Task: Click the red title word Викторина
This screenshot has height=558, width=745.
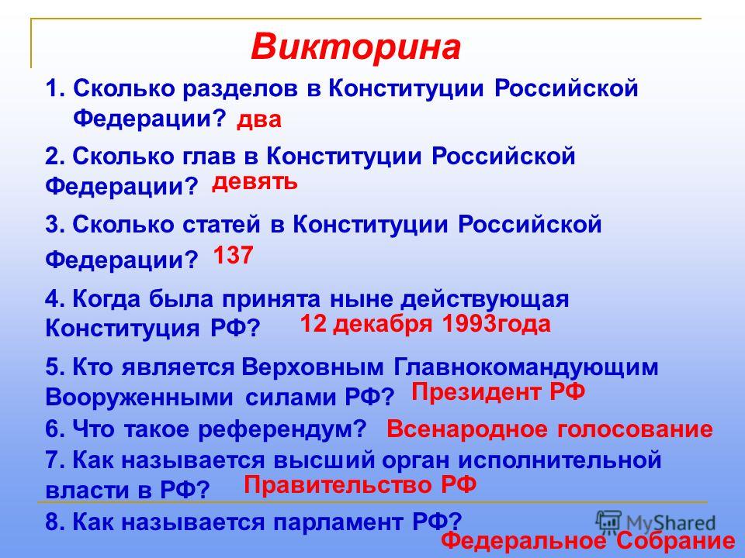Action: coord(356,47)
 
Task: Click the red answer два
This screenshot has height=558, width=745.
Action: coord(259,120)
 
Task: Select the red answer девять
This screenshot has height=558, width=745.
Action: coord(255,182)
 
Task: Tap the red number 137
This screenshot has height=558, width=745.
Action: coord(233,255)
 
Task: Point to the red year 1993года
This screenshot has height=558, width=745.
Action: coord(496,325)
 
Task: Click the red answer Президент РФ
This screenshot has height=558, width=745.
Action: coord(498,393)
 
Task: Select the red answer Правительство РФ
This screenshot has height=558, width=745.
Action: coord(360,485)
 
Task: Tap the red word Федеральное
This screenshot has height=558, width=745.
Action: coord(523,541)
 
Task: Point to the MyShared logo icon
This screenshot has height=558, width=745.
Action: coord(608,522)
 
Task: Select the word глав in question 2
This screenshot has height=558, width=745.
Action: coord(209,157)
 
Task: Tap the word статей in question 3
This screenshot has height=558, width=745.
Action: coord(222,225)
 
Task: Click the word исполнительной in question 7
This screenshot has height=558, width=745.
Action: coord(560,460)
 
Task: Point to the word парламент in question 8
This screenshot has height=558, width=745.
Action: coord(338,522)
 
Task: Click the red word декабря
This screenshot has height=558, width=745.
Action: coord(383,325)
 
